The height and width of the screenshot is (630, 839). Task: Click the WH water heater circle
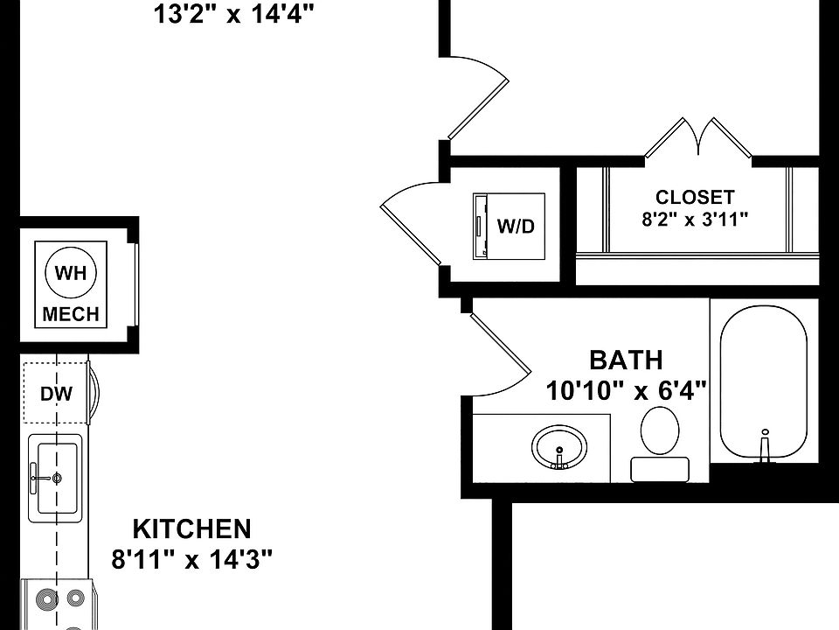71,272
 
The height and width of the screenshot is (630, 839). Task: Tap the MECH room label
71,314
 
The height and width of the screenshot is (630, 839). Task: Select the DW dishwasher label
56,394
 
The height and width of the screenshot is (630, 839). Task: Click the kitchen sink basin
58,477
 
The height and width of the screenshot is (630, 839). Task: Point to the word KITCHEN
191,529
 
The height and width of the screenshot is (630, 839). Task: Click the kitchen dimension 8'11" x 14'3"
192,559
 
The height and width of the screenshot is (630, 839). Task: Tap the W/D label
516,227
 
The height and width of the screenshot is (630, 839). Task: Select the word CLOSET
695,198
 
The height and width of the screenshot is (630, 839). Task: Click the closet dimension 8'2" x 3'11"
695,220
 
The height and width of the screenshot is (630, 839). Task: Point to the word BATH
626,360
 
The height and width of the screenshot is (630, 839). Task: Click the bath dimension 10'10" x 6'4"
626,389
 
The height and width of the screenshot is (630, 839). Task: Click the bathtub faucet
765,444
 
